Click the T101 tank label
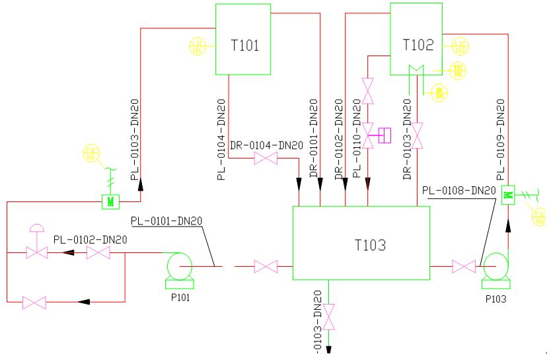[x=244, y=46]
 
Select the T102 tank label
[x=418, y=45]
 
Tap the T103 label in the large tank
[x=370, y=246]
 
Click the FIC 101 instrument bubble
[x=91, y=153]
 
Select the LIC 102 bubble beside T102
[x=460, y=46]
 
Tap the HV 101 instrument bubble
[x=439, y=92]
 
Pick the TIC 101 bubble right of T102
[x=458, y=70]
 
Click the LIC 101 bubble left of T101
[x=198, y=46]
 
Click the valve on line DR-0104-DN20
[x=266, y=159]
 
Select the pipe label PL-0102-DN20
[x=90, y=240]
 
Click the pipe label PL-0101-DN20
[x=166, y=221]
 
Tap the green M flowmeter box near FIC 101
[x=110, y=201]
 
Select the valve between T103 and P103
[x=463, y=267]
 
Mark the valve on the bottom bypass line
[x=34, y=303]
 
